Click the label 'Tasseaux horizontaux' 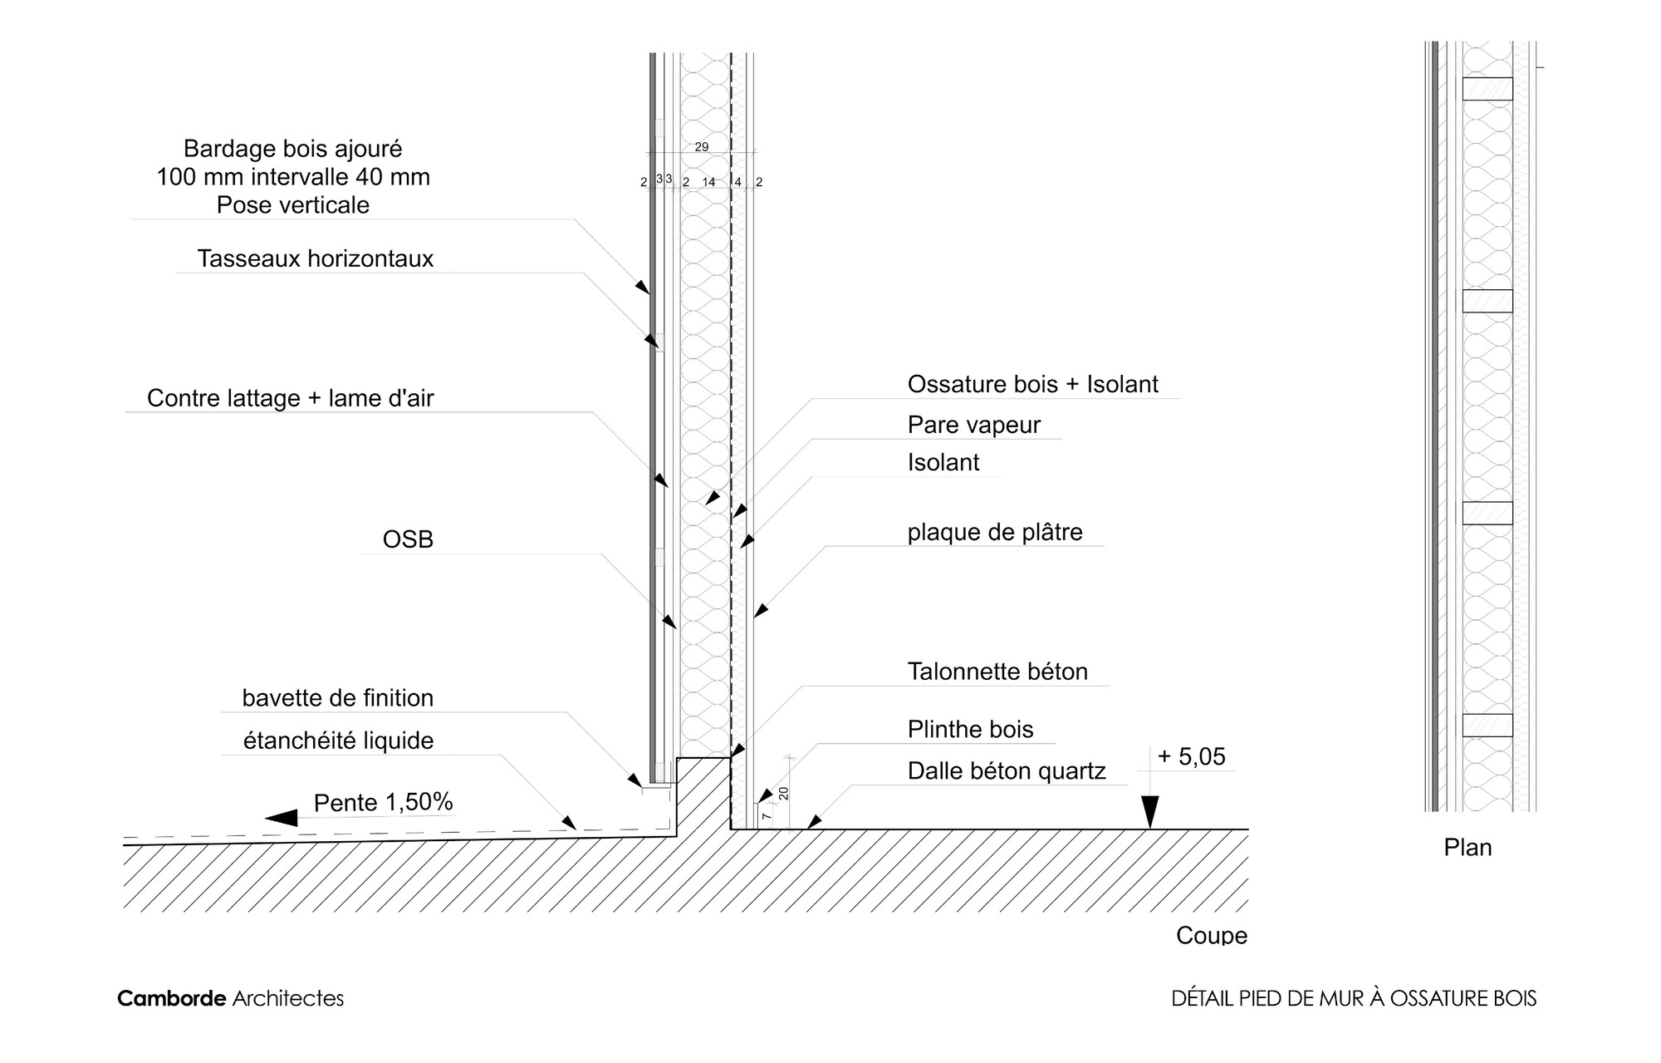pyautogui.click(x=316, y=258)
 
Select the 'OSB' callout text pyautogui.click(x=408, y=539)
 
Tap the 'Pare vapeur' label pyautogui.click(x=973, y=425)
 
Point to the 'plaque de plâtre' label pyautogui.click(x=995, y=532)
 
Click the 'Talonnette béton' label pyautogui.click(x=997, y=672)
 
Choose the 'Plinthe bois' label pyautogui.click(x=970, y=729)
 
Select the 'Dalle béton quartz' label pyautogui.click(x=1007, y=771)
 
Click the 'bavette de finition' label pyautogui.click(x=338, y=698)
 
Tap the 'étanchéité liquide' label pyautogui.click(x=338, y=741)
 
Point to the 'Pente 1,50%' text pyautogui.click(x=383, y=802)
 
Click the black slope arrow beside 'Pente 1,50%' pyautogui.click(x=282, y=818)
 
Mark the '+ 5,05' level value pyautogui.click(x=1191, y=756)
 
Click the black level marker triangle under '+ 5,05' pyautogui.click(x=1149, y=812)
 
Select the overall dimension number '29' pyautogui.click(x=702, y=147)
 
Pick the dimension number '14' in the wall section pyautogui.click(x=708, y=182)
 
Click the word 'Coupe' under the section pyautogui.click(x=1212, y=936)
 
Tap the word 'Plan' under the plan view pyautogui.click(x=1467, y=848)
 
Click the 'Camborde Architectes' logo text pyautogui.click(x=230, y=998)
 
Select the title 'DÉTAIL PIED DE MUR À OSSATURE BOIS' pyautogui.click(x=1354, y=998)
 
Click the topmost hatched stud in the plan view pyautogui.click(x=1487, y=89)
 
